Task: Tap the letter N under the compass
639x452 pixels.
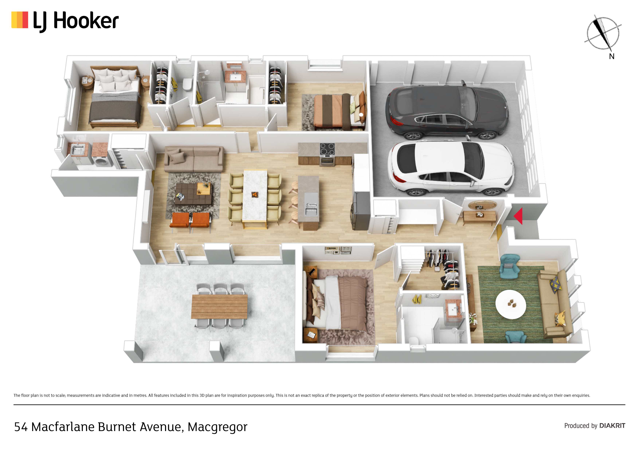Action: click(611, 56)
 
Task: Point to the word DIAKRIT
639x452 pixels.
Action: click(612, 426)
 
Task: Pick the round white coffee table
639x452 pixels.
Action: click(511, 304)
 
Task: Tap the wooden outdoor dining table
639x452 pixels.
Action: click(219, 307)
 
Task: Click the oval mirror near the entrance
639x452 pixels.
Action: click(482, 205)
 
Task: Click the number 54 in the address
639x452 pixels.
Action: click(21, 427)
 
